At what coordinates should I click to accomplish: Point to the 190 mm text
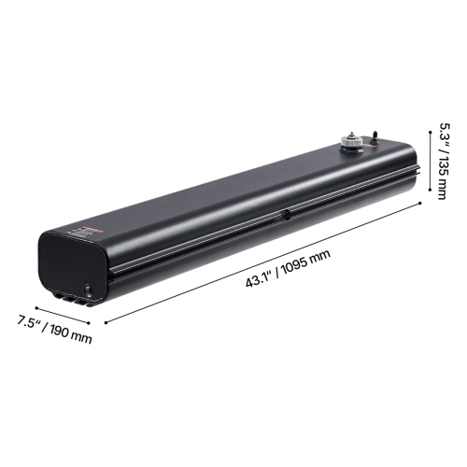click(x=71, y=333)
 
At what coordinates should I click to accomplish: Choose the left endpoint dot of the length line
click(x=106, y=323)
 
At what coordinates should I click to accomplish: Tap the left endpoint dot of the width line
click(x=35, y=305)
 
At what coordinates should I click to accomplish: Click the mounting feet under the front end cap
click(x=70, y=298)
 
